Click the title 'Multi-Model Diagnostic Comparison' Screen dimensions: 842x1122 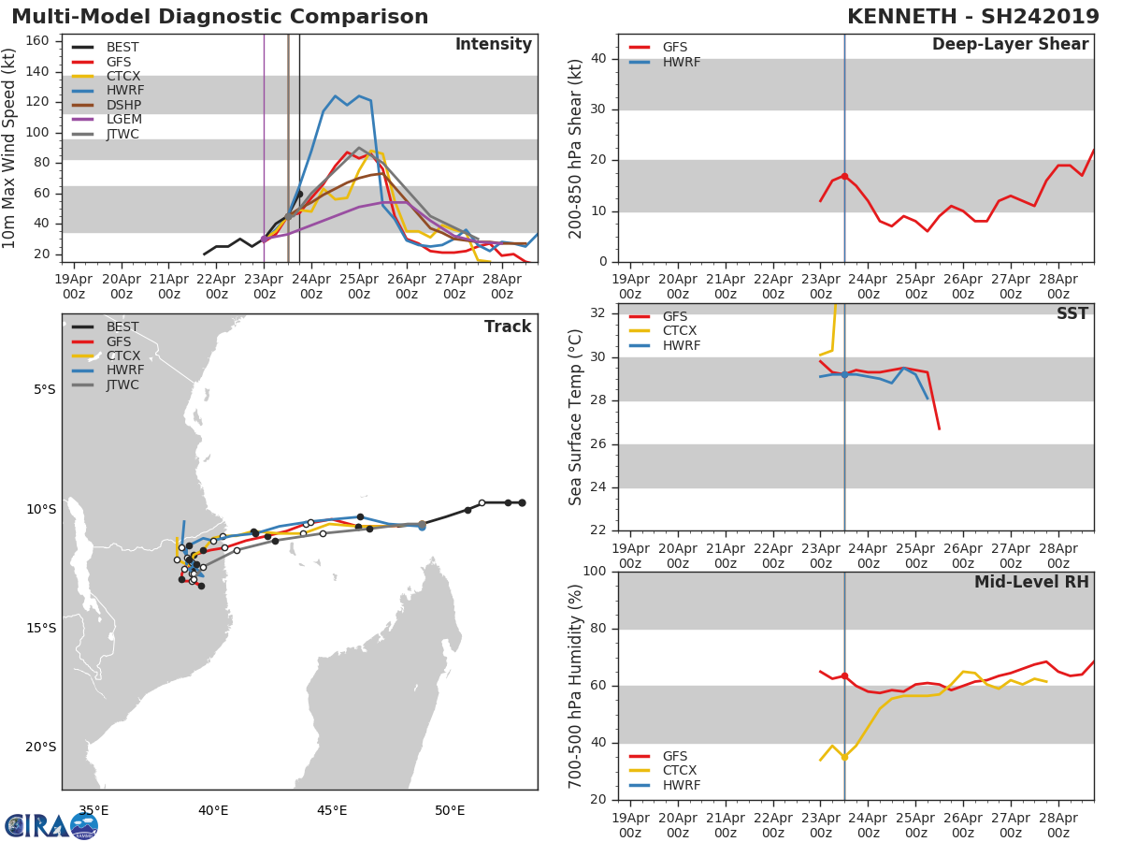click(x=220, y=17)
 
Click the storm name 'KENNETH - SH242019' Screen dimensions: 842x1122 click(x=972, y=17)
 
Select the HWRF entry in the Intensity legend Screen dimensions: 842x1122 click(x=124, y=91)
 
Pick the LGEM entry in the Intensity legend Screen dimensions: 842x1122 click(x=123, y=120)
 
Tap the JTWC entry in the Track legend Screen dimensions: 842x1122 click(x=122, y=385)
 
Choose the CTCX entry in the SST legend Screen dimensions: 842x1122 click(x=679, y=331)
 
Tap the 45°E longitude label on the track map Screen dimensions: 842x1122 click(x=332, y=810)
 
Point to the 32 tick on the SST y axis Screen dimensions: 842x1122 click(x=598, y=312)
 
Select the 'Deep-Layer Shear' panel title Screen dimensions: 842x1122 click(x=1010, y=45)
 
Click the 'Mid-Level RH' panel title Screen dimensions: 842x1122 click(x=1031, y=582)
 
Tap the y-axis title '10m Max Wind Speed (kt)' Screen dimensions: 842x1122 click(x=10, y=149)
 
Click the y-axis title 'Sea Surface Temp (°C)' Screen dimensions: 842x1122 click(x=576, y=417)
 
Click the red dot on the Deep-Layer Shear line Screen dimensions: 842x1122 click(x=844, y=176)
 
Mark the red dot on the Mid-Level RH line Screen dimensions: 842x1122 click(x=844, y=675)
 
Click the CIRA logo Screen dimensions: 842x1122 click(x=50, y=825)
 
